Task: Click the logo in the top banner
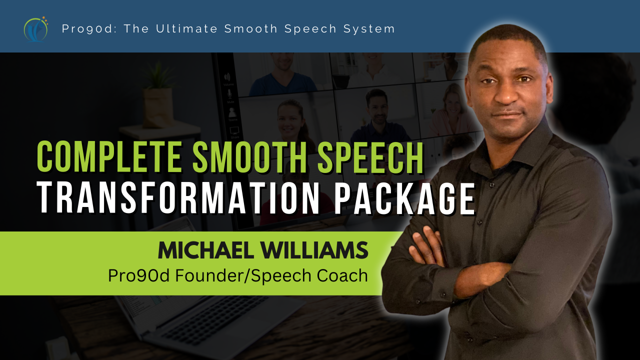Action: pos(35,29)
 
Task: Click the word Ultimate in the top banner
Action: pos(187,28)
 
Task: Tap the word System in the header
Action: pos(369,29)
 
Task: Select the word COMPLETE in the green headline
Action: pos(109,157)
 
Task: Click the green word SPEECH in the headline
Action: pos(371,157)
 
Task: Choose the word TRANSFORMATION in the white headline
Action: pos(180,197)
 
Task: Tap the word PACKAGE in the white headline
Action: pos(404,197)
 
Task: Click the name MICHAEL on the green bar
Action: pos(206,250)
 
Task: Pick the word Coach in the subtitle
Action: pos(342,275)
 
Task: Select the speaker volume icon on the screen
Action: pos(227,77)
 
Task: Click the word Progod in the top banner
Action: pos(89,29)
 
